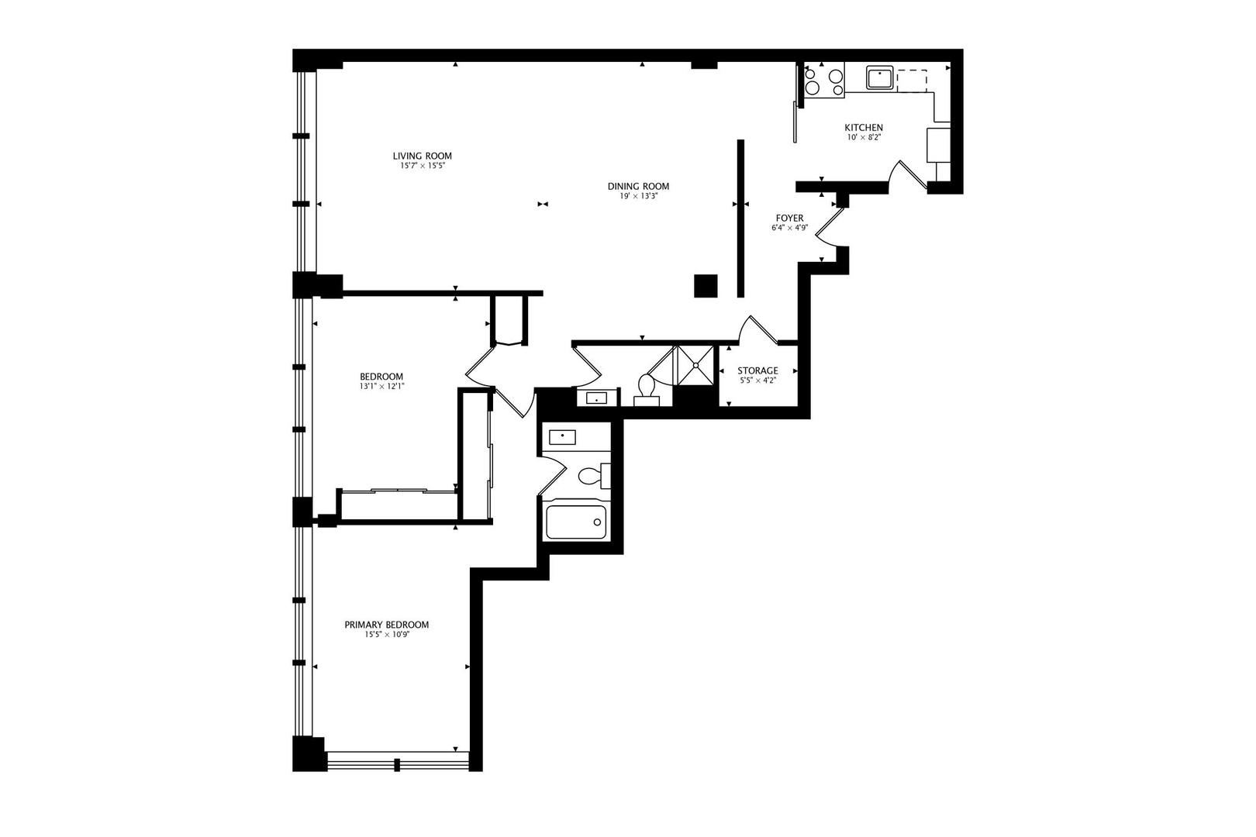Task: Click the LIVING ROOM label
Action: [422, 156]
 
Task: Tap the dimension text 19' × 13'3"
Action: [638, 196]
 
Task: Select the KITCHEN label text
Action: [863, 128]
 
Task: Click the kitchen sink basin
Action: [880, 78]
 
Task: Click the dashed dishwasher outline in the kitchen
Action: [912, 80]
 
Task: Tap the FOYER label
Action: [790, 219]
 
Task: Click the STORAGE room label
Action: [757, 371]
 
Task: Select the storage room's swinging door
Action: [756, 329]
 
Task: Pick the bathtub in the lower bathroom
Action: [575, 522]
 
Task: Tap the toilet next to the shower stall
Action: [647, 387]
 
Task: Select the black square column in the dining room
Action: [706, 286]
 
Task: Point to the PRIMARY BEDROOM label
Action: [386, 625]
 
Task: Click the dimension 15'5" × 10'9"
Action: [386, 635]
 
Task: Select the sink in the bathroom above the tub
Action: [561, 436]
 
